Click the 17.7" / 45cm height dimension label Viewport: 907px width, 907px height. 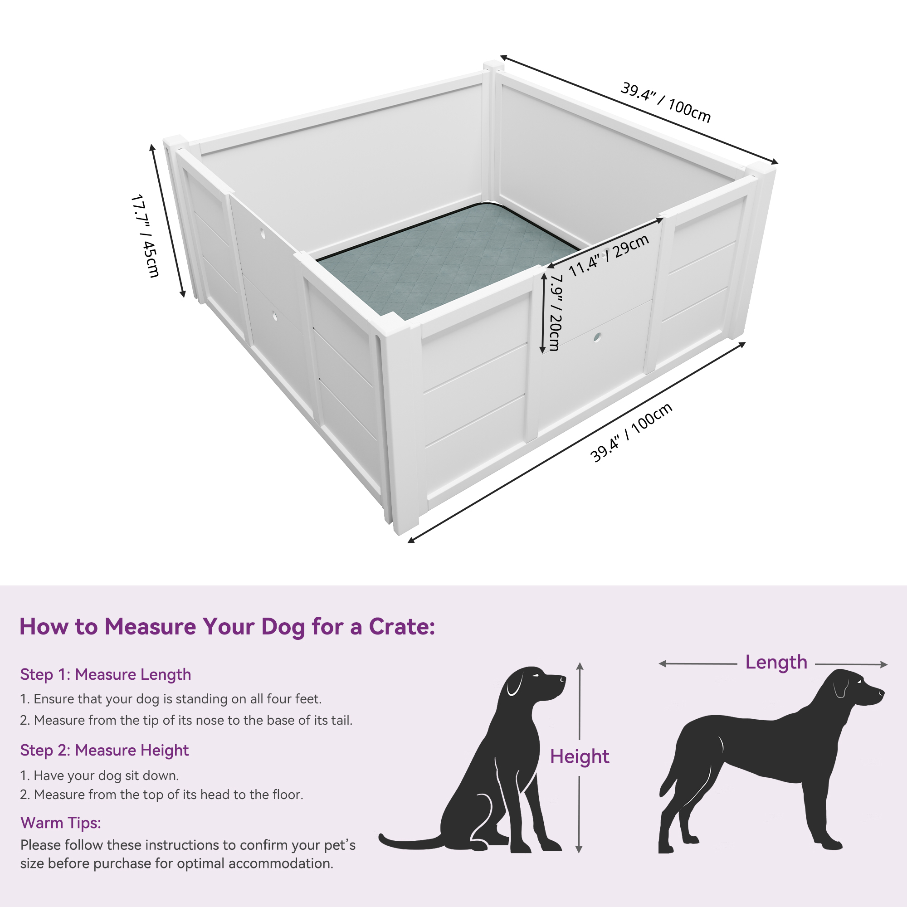[x=146, y=236]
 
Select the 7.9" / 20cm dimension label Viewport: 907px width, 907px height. [x=556, y=312]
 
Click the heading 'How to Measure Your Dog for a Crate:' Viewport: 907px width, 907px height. [x=227, y=627]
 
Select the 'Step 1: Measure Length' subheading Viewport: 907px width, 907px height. [x=106, y=675]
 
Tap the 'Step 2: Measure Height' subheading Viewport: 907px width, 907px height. [x=104, y=750]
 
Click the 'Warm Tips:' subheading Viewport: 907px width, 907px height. [x=61, y=823]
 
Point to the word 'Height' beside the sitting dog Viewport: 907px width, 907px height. [x=579, y=756]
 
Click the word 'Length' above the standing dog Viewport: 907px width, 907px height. [x=776, y=662]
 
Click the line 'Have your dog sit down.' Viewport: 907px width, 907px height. [x=99, y=775]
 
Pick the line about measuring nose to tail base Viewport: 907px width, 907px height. [x=186, y=720]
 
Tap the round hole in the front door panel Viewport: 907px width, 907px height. [x=597, y=336]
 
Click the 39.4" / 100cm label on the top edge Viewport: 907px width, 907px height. [x=666, y=102]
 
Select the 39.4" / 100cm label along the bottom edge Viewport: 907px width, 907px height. [x=631, y=432]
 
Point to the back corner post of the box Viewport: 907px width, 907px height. [x=491, y=127]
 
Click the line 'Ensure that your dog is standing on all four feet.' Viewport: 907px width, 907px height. [x=171, y=699]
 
